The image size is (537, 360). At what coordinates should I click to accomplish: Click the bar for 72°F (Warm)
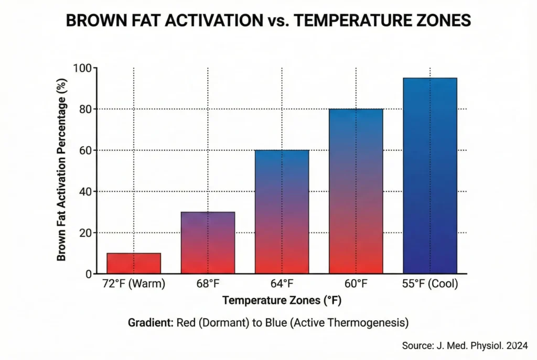(134, 263)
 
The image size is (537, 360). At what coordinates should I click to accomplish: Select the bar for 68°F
(208, 243)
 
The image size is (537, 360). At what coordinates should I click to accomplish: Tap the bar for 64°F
(282, 212)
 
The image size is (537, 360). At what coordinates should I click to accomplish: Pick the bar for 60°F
(356, 191)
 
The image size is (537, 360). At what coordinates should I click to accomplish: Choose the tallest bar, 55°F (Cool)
(429, 176)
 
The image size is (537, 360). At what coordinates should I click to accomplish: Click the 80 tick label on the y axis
(85, 109)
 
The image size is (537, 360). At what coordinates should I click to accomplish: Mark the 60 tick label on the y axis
(85, 150)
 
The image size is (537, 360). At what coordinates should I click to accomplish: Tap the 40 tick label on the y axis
(85, 191)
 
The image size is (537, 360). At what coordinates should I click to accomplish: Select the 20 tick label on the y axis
(85, 233)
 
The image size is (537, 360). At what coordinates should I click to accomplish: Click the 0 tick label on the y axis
(88, 274)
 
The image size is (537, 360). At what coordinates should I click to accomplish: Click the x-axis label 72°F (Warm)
(134, 285)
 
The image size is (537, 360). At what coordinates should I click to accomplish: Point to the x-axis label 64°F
(282, 285)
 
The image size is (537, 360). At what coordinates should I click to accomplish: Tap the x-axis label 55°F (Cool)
(429, 285)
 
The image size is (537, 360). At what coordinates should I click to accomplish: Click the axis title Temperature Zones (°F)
(283, 301)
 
